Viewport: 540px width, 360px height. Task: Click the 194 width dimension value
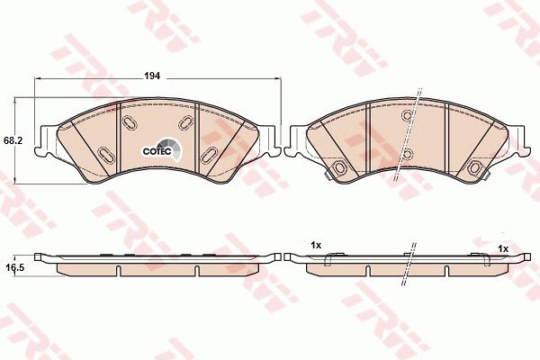152,76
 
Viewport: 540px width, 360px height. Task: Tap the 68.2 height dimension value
12,140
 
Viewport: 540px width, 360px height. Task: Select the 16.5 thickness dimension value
14,267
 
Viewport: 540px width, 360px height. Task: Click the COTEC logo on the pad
162,150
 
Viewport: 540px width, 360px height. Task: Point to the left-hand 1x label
316,246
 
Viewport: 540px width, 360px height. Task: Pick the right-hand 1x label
503,248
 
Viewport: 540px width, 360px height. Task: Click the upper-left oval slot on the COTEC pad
130,122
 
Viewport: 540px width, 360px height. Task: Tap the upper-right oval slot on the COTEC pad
186,122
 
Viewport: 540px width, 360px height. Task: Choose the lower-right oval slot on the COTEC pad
209,156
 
